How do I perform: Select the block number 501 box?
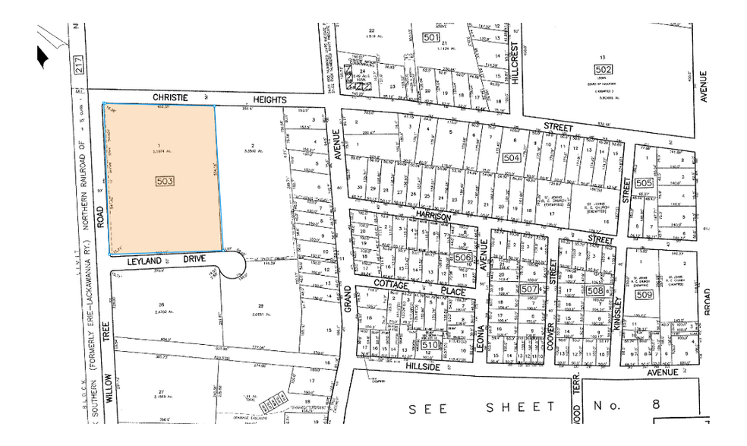tap(431, 37)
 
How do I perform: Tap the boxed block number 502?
tap(603, 69)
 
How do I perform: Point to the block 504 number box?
tap(511, 158)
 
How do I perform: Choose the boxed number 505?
tap(645, 183)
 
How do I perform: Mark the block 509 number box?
tap(645, 294)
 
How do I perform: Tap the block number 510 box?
tap(430, 346)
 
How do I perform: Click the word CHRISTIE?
tap(170, 98)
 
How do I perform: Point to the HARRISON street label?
tap(433, 217)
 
